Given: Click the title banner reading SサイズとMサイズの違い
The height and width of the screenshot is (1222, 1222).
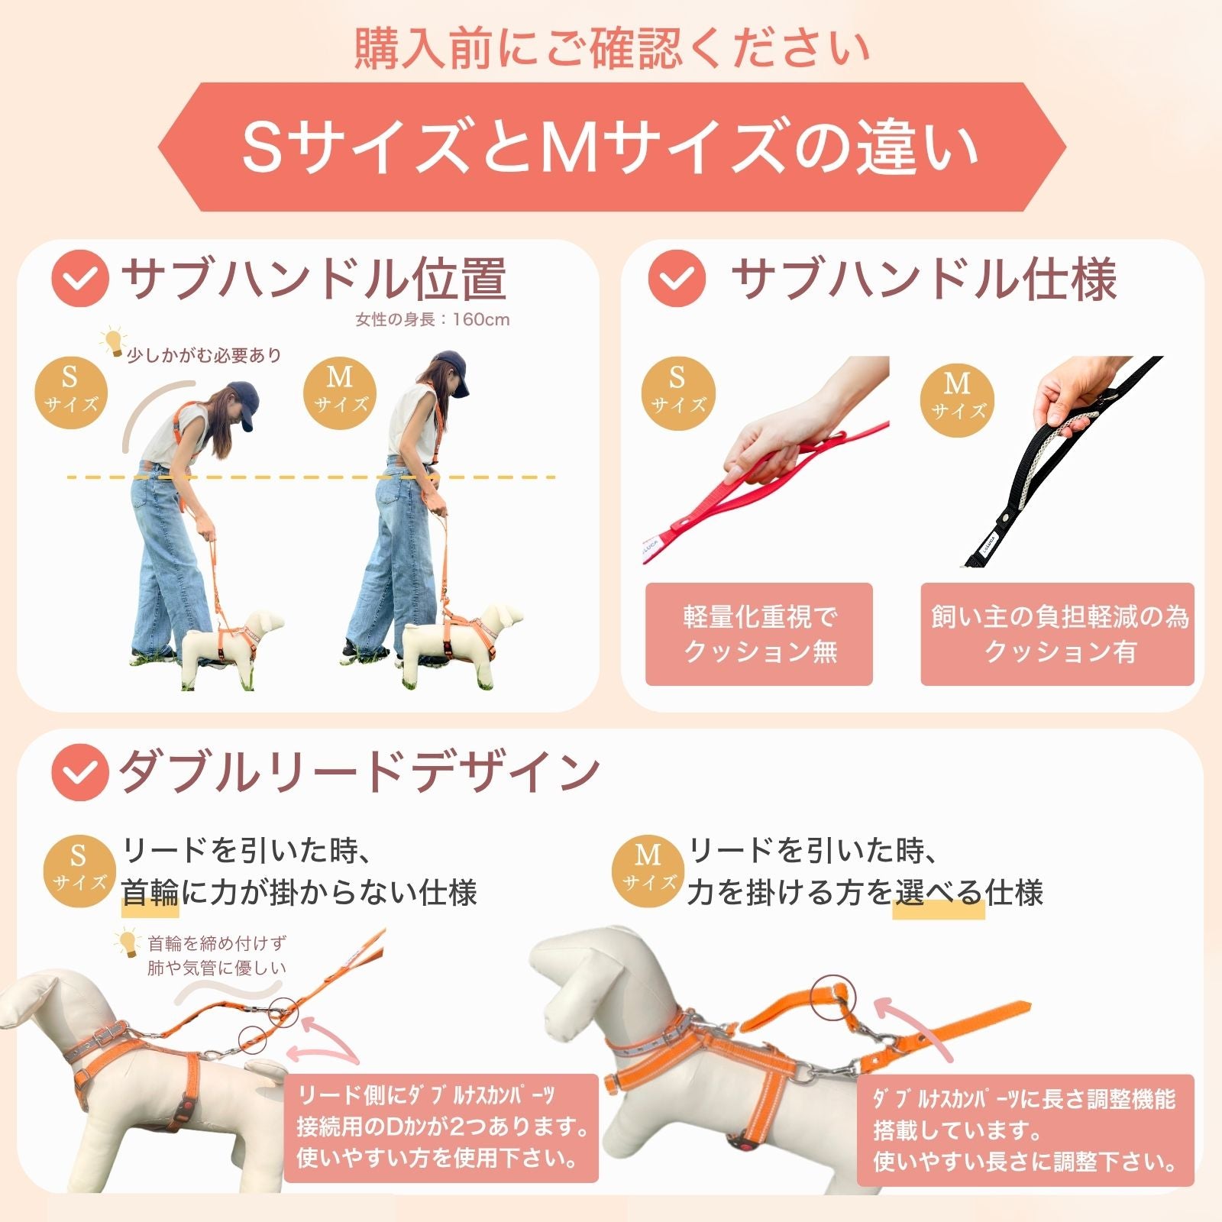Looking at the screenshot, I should point(611,147).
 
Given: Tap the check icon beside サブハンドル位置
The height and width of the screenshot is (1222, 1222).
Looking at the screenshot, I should point(80,279).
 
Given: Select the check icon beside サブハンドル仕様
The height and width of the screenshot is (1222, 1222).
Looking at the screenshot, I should point(676,279).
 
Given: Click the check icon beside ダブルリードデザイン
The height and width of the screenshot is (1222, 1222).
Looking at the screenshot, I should point(80,772).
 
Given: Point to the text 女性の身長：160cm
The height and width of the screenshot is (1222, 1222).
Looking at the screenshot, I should point(432,319).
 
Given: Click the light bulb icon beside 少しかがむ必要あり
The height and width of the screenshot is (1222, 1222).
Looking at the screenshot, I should point(114,341).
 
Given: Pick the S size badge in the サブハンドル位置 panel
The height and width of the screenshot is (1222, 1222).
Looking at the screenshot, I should point(70,391).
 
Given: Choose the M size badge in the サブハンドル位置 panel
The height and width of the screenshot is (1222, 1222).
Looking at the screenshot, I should point(340,391).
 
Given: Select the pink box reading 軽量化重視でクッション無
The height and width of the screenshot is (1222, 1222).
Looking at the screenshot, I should point(758,634).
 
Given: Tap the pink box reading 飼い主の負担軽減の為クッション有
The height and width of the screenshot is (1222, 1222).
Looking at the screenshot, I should point(1057,634).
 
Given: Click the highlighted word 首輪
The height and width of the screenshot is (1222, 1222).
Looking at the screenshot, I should point(150,892).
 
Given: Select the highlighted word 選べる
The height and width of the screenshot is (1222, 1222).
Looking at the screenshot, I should point(939,892).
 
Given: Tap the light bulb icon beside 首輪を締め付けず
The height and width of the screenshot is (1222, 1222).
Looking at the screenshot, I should point(127,944).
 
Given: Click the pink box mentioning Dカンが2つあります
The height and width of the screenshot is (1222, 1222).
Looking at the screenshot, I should point(441,1127).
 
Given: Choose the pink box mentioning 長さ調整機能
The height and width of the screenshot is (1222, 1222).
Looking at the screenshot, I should point(1024,1130).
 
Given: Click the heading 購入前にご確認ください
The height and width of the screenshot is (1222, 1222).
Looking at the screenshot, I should point(611,47).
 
